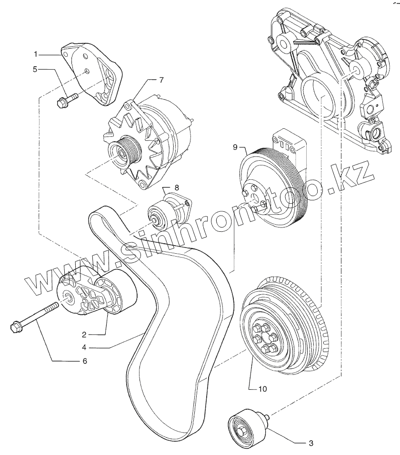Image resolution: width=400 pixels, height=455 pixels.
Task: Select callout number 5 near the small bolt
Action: pyautogui.click(x=35, y=69)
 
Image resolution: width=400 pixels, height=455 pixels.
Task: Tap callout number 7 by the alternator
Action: pyautogui.click(x=161, y=80)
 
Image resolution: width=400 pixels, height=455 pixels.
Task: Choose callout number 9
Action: pyautogui.click(x=235, y=147)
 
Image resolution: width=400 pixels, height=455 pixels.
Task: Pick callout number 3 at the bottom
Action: pyautogui.click(x=310, y=443)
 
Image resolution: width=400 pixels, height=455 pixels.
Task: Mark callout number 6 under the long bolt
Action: pyautogui.click(x=84, y=361)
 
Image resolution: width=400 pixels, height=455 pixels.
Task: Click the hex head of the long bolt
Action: pyautogui.click(x=15, y=328)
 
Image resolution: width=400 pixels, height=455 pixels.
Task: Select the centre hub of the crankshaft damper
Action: pyautogui.click(x=263, y=338)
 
